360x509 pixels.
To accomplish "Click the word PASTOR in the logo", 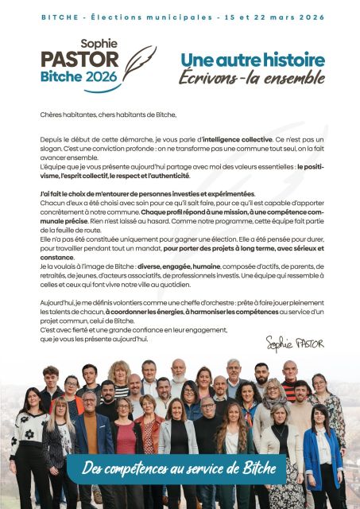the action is [x=79, y=60].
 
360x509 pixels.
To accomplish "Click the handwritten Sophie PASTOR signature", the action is [x=295, y=342].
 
